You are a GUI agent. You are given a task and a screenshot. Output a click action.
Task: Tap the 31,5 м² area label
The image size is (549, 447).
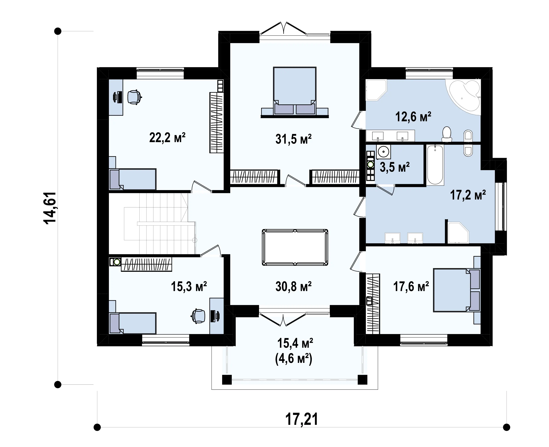point(293,139)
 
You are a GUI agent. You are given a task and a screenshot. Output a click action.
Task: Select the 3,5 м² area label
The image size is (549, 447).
point(394,167)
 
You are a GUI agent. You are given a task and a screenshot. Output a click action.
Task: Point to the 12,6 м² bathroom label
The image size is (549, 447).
point(413,117)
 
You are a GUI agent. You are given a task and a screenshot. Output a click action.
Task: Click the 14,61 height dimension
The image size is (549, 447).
point(50,208)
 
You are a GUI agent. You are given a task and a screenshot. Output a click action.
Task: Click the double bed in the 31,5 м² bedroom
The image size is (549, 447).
point(295,91)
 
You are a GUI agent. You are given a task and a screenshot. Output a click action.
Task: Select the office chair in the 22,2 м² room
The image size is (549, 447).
point(134,97)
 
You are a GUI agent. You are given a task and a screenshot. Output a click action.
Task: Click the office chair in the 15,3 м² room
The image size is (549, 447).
point(198,316)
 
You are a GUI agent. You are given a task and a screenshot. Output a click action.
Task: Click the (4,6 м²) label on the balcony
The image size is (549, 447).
point(294,359)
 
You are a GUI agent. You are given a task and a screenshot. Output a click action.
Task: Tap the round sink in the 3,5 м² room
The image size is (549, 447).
point(383,152)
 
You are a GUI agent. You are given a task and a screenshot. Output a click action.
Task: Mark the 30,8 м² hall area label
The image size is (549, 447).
point(293,286)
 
